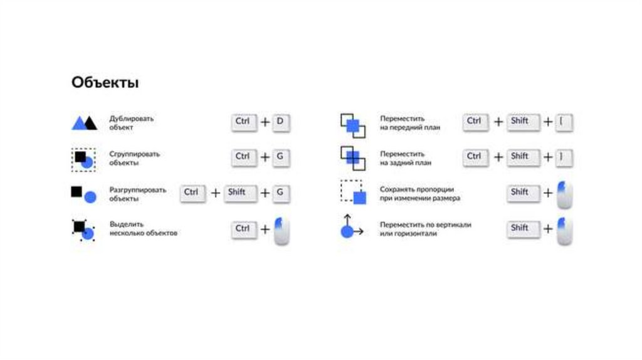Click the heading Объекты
tap(105, 83)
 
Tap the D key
tap(281, 122)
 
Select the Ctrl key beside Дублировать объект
tap(243, 122)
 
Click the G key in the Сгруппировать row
tap(281, 157)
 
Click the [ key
tap(564, 122)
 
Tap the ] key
tap(564, 157)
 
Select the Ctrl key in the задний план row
tap(475, 157)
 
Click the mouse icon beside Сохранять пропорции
tap(564, 195)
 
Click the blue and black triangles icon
tap(84, 122)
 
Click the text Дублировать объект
tap(131, 122)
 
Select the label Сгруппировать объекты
tap(134, 158)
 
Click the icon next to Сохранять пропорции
tap(352, 193)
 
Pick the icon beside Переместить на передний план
tap(352, 124)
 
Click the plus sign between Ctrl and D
tap(265, 122)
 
